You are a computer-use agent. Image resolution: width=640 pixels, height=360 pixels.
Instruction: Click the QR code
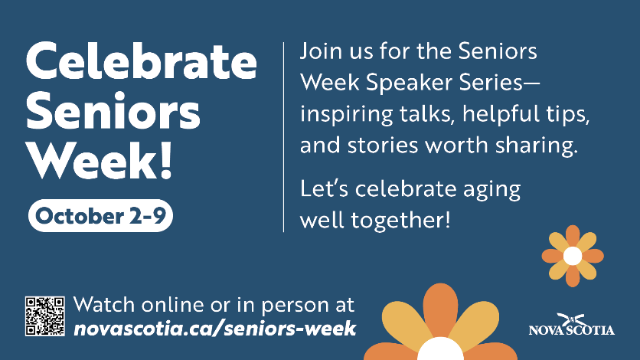pos(45,316)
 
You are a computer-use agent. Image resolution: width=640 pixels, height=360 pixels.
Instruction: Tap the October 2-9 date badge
pos(100,215)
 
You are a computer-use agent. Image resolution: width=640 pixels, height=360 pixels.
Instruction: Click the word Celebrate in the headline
pos(141,61)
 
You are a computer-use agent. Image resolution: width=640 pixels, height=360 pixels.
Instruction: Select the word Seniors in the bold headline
pos(113,110)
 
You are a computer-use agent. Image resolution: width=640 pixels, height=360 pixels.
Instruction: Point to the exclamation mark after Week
pos(165,160)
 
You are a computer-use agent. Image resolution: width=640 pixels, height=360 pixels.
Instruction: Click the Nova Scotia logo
pos(571,325)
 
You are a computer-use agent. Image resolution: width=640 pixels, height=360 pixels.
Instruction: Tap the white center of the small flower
pos(573,256)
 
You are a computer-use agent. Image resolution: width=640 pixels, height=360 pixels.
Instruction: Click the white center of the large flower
pos(440,349)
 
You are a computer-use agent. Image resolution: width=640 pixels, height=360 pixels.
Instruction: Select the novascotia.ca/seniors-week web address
pos(214,329)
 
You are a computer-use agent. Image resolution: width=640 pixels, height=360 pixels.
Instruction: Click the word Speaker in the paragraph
pos(410,83)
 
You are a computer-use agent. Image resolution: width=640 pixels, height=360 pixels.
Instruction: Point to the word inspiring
pos(346,115)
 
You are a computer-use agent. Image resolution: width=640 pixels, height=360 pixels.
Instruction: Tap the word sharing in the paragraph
pos(537,146)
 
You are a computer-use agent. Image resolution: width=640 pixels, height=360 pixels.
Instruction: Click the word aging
pos(491,190)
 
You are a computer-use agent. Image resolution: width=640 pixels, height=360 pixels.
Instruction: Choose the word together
pos(400,221)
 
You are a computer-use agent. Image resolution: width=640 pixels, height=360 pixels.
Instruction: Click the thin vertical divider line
pos(284,137)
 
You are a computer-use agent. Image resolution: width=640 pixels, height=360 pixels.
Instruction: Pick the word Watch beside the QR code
pos(104,305)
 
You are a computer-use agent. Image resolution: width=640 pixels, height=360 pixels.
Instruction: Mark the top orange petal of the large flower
pos(440,309)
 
